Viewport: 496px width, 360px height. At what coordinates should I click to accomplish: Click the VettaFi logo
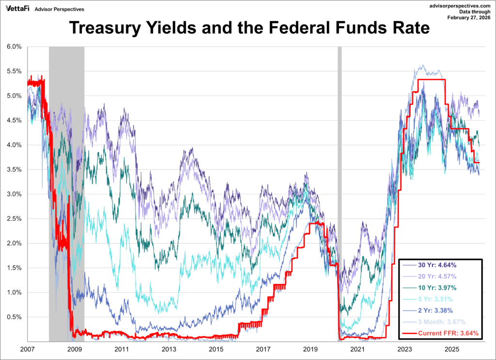(17, 8)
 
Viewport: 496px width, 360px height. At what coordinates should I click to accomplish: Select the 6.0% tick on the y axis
(14, 47)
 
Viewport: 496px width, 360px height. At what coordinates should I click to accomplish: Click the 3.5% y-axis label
(14, 170)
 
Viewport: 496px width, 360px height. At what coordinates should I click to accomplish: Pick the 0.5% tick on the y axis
(14, 317)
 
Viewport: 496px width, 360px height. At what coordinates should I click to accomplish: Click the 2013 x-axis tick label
(169, 349)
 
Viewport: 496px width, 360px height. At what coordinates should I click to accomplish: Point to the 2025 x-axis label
(452, 349)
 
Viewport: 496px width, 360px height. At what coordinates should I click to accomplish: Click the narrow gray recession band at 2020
(339, 194)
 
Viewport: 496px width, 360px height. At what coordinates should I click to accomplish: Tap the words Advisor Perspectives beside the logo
(63, 9)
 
